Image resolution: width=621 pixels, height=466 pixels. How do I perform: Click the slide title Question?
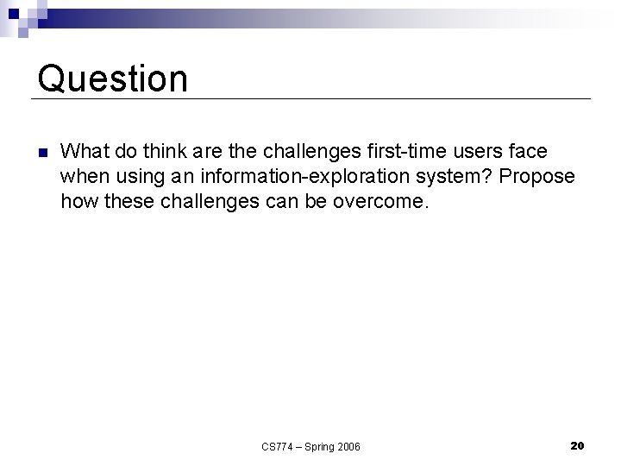(x=113, y=79)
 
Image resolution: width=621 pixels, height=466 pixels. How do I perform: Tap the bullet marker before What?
(x=41, y=153)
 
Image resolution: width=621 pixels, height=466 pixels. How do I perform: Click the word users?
(x=477, y=152)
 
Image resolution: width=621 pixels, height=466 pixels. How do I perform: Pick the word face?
(x=529, y=152)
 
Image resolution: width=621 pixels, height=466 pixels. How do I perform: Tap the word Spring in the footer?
(x=323, y=446)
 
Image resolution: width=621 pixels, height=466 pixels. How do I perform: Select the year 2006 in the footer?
(x=350, y=446)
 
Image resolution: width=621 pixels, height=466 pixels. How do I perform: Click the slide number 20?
(x=578, y=445)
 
